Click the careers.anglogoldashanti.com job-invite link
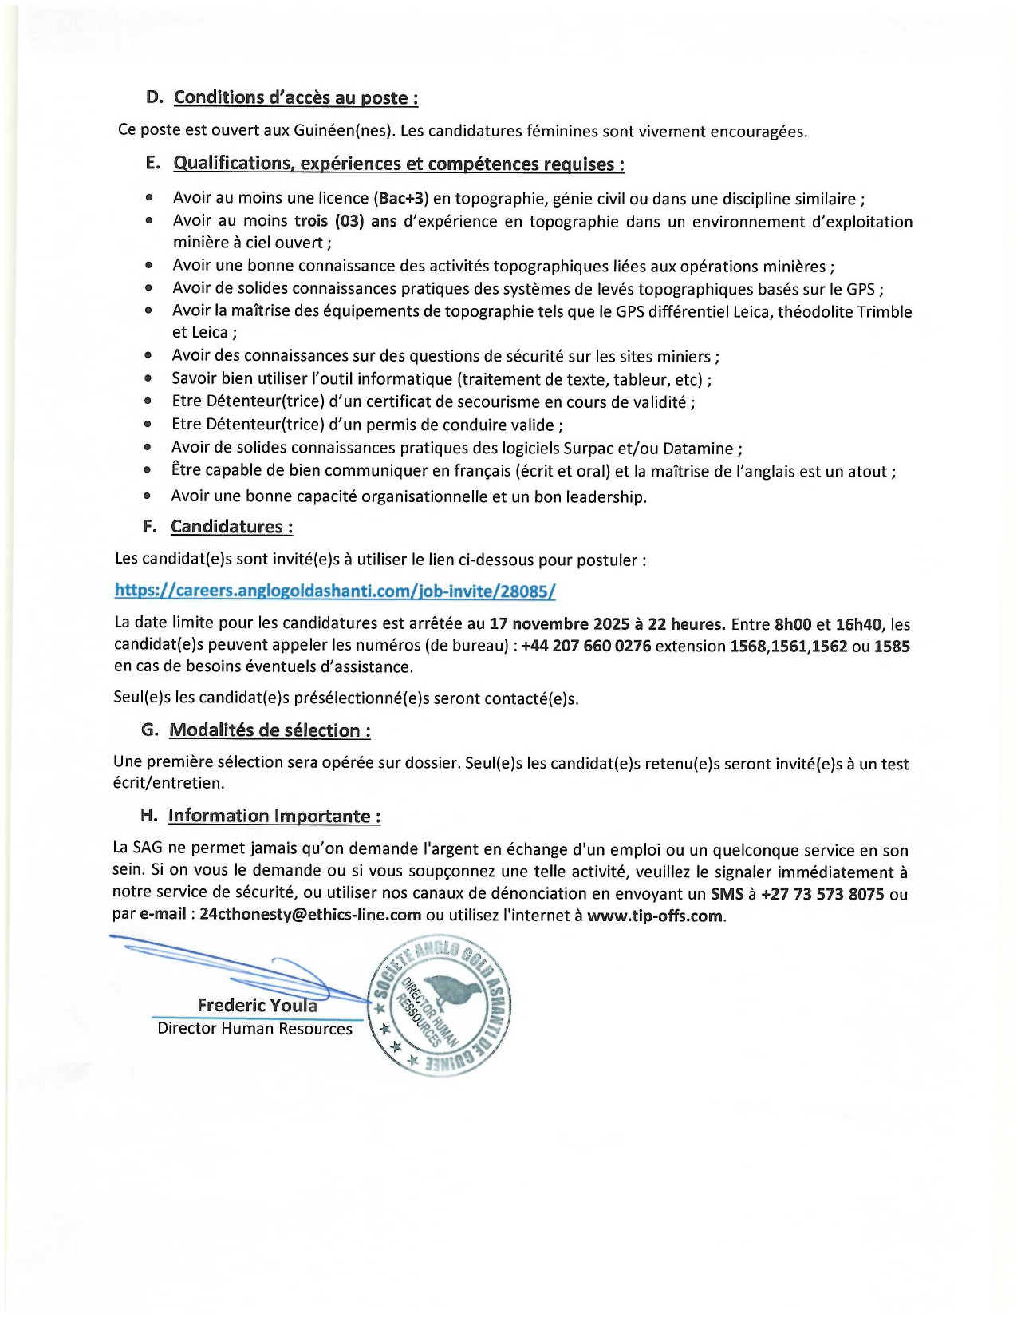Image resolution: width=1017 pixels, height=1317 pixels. (335, 591)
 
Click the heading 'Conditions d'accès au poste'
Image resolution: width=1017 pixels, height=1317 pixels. (296, 97)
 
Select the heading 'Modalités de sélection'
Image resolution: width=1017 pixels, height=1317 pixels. (270, 730)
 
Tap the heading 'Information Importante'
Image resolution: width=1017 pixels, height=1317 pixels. (274, 816)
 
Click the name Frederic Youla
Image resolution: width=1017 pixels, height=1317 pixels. (257, 1006)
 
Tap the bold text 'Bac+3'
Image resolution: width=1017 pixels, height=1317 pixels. (403, 198)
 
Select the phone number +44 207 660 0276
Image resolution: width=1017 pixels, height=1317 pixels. (585, 646)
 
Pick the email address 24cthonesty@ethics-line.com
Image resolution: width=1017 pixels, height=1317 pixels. (310, 915)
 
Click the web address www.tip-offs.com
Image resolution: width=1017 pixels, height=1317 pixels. (655, 916)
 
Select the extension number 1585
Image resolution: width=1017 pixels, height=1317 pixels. (892, 646)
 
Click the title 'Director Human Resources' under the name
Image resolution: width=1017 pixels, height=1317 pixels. (254, 1028)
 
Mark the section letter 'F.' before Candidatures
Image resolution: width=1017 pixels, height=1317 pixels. (149, 527)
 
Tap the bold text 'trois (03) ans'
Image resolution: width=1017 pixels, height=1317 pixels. (345, 221)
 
